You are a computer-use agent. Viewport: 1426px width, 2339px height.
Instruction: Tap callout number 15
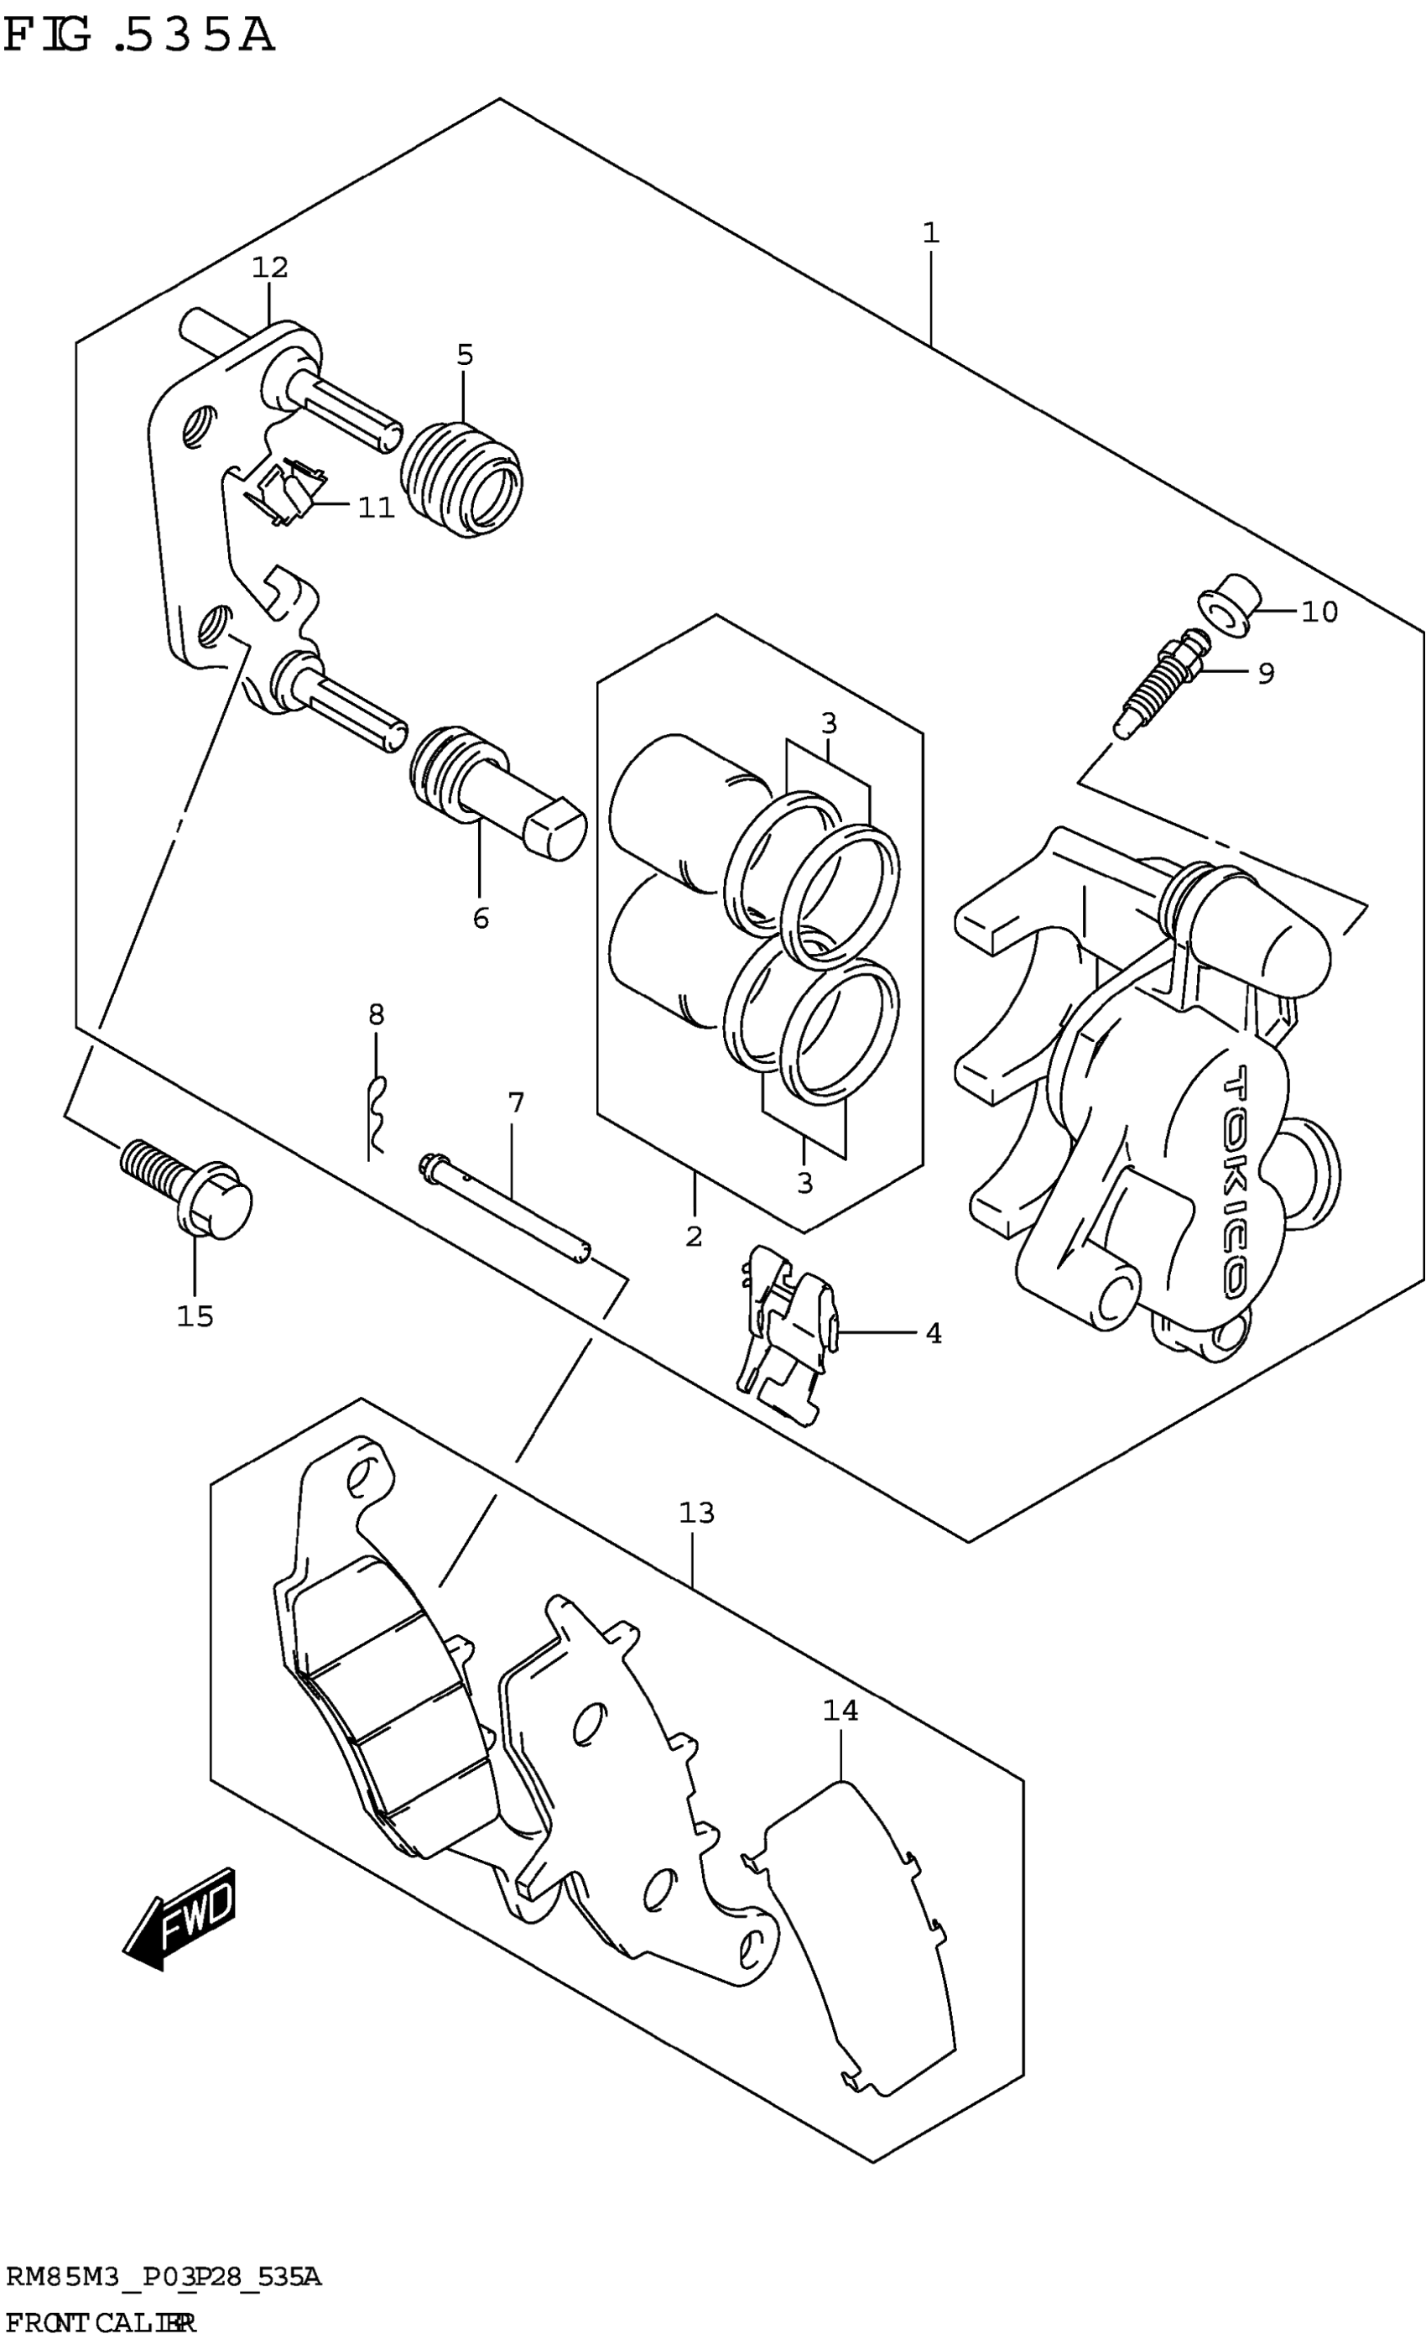tap(195, 1315)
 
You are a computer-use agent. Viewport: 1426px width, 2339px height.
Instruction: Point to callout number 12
tap(269, 268)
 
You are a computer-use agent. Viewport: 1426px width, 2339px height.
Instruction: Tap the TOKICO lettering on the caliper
tap(1236, 1182)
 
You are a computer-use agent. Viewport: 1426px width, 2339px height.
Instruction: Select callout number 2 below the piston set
tap(694, 1236)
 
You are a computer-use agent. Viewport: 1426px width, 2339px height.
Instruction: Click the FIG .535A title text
tap(138, 36)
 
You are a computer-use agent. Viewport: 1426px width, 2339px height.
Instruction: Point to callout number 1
tap(930, 232)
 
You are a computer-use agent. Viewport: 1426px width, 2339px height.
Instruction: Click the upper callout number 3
tap(829, 723)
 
